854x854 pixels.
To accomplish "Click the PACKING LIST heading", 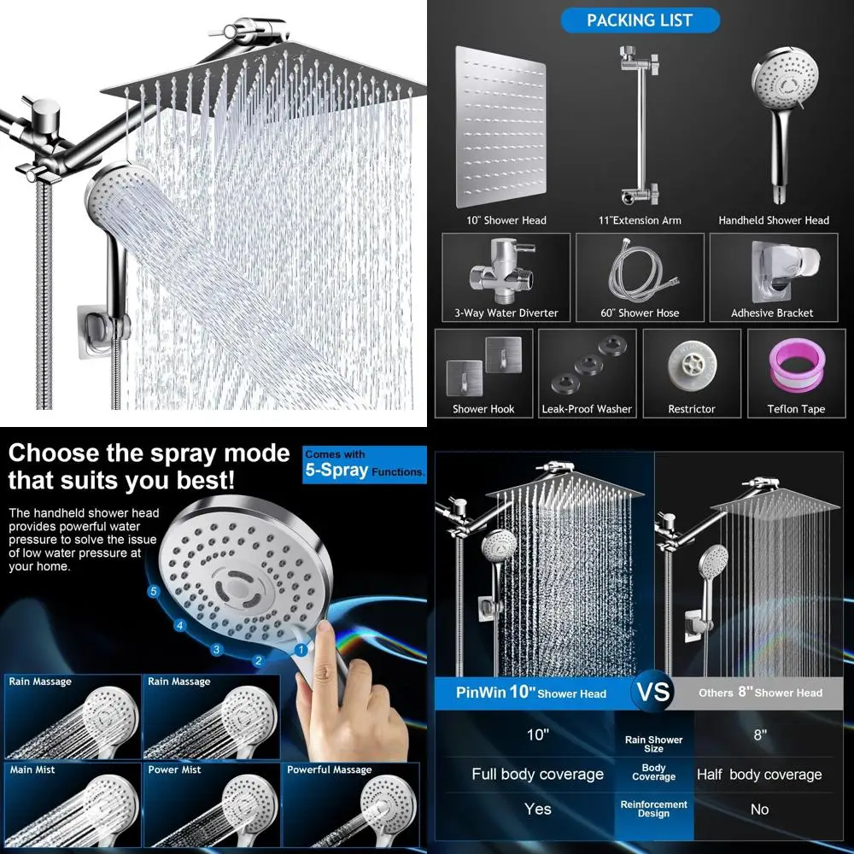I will click(x=640, y=20).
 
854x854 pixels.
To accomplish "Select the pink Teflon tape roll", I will click(x=796, y=363).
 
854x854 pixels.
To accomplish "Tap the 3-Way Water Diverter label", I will click(x=506, y=313).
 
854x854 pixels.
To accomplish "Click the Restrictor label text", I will click(x=692, y=409).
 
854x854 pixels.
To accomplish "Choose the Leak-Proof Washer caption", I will click(x=587, y=409).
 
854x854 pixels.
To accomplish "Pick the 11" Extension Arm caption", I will click(x=640, y=220).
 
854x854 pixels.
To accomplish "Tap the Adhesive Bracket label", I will click(x=772, y=313).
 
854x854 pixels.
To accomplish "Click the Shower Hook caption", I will click(x=483, y=409).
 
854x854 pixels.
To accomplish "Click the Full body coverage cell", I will click(x=537, y=775).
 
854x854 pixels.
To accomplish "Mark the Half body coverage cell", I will click(x=759, y=775).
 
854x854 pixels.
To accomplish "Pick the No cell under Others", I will click(x=759, y=809).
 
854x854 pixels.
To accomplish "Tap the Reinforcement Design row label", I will click(x=654, y=809).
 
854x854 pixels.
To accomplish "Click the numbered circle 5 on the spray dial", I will click(x=154, y=590).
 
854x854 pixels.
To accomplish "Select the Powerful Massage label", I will click(x=329, y=769).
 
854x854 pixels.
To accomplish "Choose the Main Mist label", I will click(x=32, y=769).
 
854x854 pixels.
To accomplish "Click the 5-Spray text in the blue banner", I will click(x=336, y=471).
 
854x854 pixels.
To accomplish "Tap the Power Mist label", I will click(x=174, y=769).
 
